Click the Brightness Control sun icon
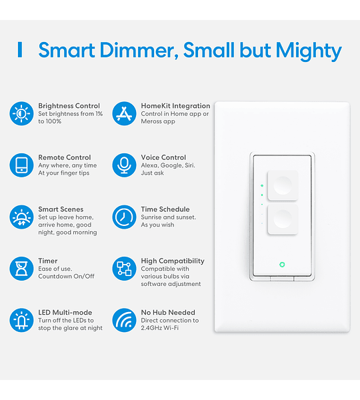click(x=21, y=113)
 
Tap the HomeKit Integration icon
click(x=124, y=113)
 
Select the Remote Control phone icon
click(x=21, y=165)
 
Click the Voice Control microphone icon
click(x=124, y=165)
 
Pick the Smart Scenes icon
click(x=21, y=217)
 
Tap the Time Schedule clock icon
click(x=124, y=217)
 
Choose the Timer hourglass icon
click(x=21, y=269)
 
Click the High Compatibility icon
click(x=124, y=269)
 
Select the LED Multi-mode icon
click(x=21, y=320)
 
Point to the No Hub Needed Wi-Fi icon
click(x=124, y=320)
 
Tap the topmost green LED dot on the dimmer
click(x=262, y=185)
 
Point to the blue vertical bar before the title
click(x=20, y=50)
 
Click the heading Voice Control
click(x=163, y=157)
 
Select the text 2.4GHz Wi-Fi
click(x=160, y=328)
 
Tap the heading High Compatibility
click(x=173, y=261)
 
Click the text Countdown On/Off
click(x=67, y=276)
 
